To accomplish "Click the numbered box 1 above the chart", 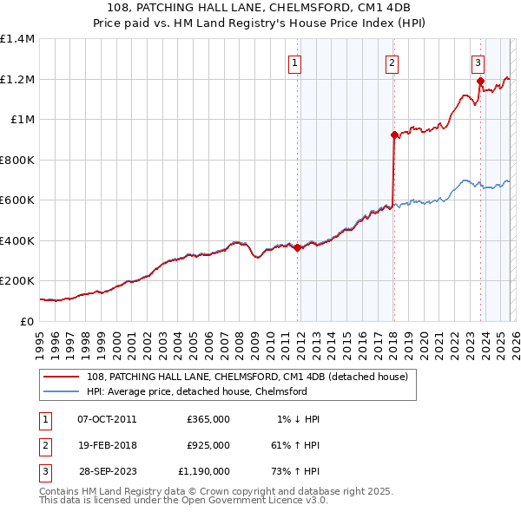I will pos(294,62).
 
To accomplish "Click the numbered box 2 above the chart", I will pos(392,62).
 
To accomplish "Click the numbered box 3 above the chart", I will pos(478,62).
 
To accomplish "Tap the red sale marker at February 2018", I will pos(393,135).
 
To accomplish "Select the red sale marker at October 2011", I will pos(297,247).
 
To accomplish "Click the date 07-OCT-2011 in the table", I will pos(107,419).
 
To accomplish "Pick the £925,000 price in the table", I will pos(208,445).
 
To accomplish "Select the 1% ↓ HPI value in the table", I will pos(299,419).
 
